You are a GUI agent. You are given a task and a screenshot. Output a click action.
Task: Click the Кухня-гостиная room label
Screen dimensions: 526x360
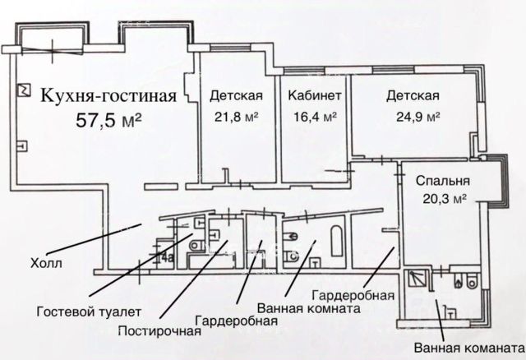108,96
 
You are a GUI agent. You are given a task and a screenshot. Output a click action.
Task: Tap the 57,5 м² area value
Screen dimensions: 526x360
108,120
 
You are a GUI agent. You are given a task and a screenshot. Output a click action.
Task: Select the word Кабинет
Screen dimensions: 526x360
315,95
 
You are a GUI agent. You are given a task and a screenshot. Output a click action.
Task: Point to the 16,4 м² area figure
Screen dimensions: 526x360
315,117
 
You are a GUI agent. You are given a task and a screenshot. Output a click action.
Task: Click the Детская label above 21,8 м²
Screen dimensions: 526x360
236,95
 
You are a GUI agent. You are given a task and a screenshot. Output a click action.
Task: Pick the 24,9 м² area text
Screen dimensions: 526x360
418,117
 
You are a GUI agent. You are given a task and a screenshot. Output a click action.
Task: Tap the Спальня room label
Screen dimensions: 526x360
443,181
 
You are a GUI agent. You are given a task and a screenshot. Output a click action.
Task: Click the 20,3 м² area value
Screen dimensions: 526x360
445,199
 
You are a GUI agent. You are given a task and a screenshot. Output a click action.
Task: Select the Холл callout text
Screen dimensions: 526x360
46,263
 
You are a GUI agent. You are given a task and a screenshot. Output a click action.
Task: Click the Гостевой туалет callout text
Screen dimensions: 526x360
89,312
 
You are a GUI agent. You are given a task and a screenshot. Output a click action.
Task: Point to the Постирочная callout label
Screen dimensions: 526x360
159,331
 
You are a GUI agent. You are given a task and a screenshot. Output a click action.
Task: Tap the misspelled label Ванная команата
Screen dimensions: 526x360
468,348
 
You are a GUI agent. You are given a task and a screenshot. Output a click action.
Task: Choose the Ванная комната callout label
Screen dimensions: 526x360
309,308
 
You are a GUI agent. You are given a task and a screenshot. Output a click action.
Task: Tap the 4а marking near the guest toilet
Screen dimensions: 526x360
167,257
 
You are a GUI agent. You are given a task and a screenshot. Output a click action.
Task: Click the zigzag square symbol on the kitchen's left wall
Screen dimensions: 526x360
24,90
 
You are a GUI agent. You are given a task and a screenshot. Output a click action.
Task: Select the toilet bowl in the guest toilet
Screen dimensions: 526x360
196,246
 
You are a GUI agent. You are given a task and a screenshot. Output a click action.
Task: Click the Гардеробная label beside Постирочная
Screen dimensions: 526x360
236,321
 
